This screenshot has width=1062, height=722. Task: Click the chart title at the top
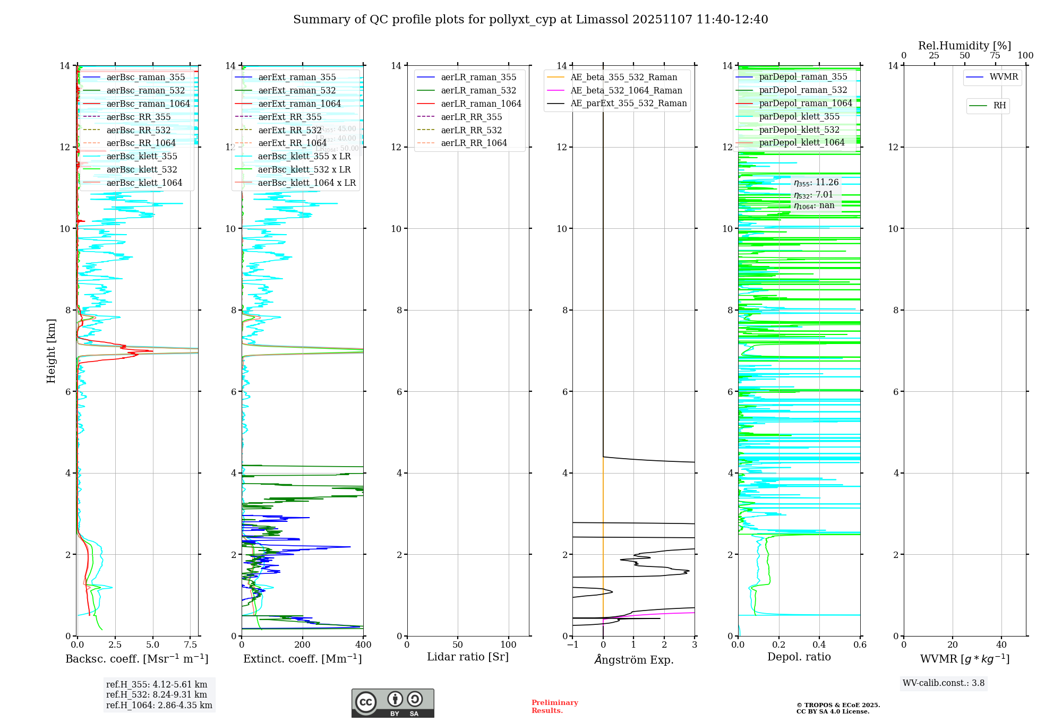530,20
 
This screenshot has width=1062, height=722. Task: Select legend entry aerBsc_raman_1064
148,104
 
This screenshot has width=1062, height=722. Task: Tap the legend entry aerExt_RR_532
289,130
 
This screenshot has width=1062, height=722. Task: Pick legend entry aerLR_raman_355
478,78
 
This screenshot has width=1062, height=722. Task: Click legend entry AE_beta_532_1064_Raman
626,90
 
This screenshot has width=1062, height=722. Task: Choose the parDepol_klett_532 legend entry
799,130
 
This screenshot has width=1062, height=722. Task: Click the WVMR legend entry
1003,77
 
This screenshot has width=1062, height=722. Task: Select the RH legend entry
999,106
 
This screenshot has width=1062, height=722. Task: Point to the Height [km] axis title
51,350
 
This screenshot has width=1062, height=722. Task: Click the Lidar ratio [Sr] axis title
468,657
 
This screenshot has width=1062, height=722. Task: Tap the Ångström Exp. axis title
633,659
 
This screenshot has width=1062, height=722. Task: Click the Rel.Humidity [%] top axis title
964,46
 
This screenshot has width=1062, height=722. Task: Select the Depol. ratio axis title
799,657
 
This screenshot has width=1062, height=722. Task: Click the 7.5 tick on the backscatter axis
191,645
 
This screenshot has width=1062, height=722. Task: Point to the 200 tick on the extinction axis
303,645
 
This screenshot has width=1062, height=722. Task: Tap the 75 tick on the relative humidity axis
995,56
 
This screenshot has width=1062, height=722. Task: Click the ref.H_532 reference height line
157,694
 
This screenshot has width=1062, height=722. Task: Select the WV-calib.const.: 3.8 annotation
944,683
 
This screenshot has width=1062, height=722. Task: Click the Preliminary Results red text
554,707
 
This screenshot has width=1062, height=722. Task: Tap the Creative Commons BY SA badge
392,703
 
